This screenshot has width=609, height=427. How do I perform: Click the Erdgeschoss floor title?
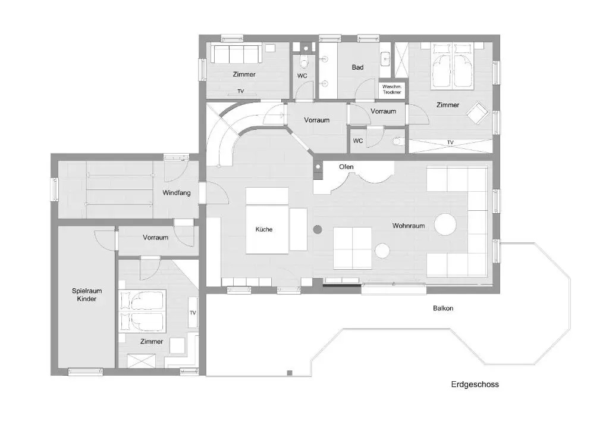click(475, 384)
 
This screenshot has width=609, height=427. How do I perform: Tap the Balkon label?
click(443, 308)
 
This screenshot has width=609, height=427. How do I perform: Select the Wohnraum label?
click(408, 226)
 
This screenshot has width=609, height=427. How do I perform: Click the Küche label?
click(264, 229)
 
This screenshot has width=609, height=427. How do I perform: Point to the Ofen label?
click(346, 167)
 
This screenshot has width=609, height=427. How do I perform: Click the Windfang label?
click(176, 193)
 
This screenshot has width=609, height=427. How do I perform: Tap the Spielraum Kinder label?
click(87, 295)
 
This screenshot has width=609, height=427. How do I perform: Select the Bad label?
click(357, 67)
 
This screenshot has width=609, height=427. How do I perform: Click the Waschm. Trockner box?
click(392, 89)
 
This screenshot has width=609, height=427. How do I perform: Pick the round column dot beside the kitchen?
click(318, 229)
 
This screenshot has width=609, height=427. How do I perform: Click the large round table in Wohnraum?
click(445, 225)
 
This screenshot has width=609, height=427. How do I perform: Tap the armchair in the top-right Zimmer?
click(478, 113)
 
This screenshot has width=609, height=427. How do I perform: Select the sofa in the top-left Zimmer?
click(235, 54)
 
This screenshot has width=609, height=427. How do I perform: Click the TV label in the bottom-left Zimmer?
click(193, 313)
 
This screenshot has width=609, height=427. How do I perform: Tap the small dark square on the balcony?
click(290, 373)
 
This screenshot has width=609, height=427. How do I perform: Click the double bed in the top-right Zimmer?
click(453, 66)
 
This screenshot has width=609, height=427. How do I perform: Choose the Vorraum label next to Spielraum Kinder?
click(155, 237)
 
